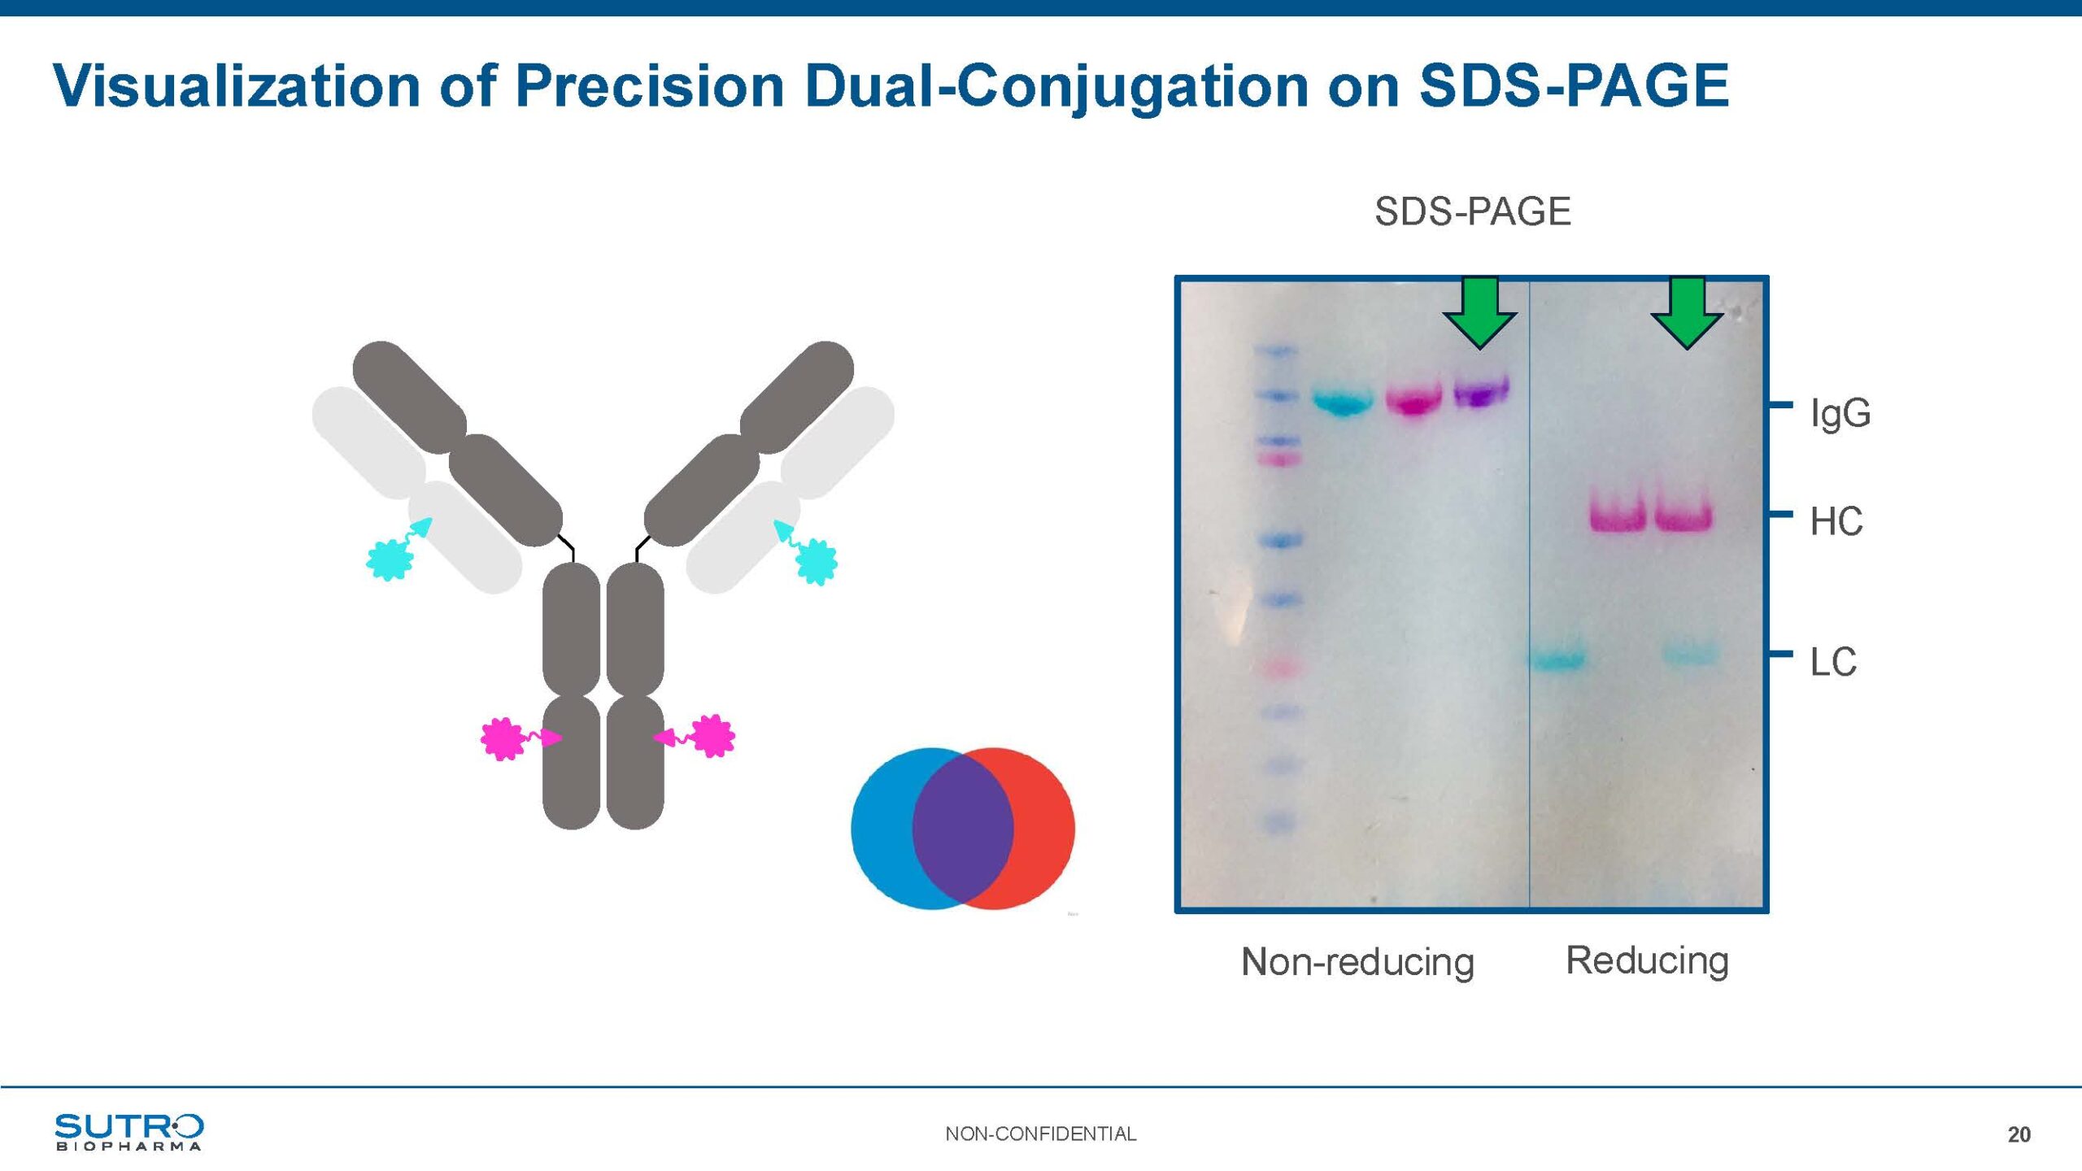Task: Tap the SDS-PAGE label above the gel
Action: click(1473, 211)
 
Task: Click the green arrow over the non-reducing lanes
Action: click(1479, 312)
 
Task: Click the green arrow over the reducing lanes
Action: click(1687, 312)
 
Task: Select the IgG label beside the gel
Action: click(1840, 413)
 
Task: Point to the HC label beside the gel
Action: click(1836, 521)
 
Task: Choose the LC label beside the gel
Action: click(1833, 662)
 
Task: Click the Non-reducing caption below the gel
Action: click(1357, 961)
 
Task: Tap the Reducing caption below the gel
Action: click(1647, 960)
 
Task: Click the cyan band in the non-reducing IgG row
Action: click(1344, 402)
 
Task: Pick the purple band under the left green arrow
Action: click(1481, 392)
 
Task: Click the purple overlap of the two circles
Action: click(963, 828)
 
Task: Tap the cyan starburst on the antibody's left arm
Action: click(390, 559)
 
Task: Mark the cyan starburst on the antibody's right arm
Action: click(817, 561)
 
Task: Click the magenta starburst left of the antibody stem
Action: click(502, 738)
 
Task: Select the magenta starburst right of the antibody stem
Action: click(713, 736)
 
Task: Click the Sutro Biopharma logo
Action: click(129, 1132)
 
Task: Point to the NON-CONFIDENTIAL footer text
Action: click(1040, 1134)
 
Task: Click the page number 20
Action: click(2019, 1135)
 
